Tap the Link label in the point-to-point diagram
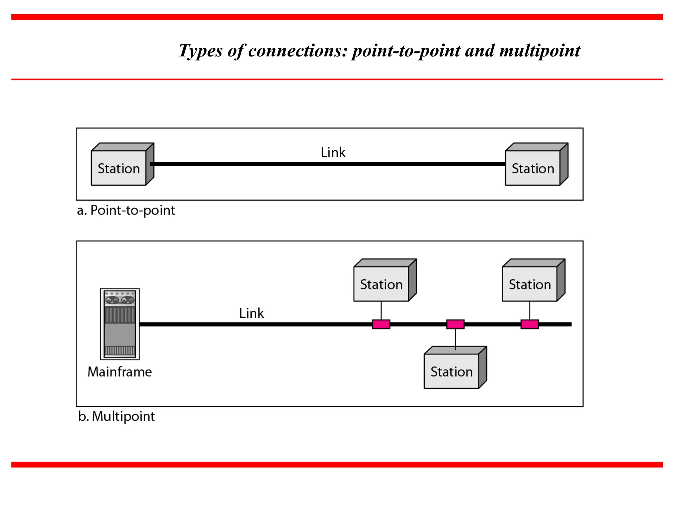coord(333,152)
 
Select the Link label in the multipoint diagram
coord(251,313)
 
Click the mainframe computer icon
coord(120,324)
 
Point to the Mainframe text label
coord(120,372)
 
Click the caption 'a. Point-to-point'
coord(126,210)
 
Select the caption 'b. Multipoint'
coord(117,416)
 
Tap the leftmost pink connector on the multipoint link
coord(381,324)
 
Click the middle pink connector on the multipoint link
coord(455,324)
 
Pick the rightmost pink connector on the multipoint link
coord(529,324)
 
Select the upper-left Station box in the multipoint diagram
coord(381,284)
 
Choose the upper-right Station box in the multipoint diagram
coord(530,284)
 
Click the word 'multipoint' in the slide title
coord(540,51)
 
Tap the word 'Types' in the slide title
coord(201,51)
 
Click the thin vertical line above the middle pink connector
coord(455,339)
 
